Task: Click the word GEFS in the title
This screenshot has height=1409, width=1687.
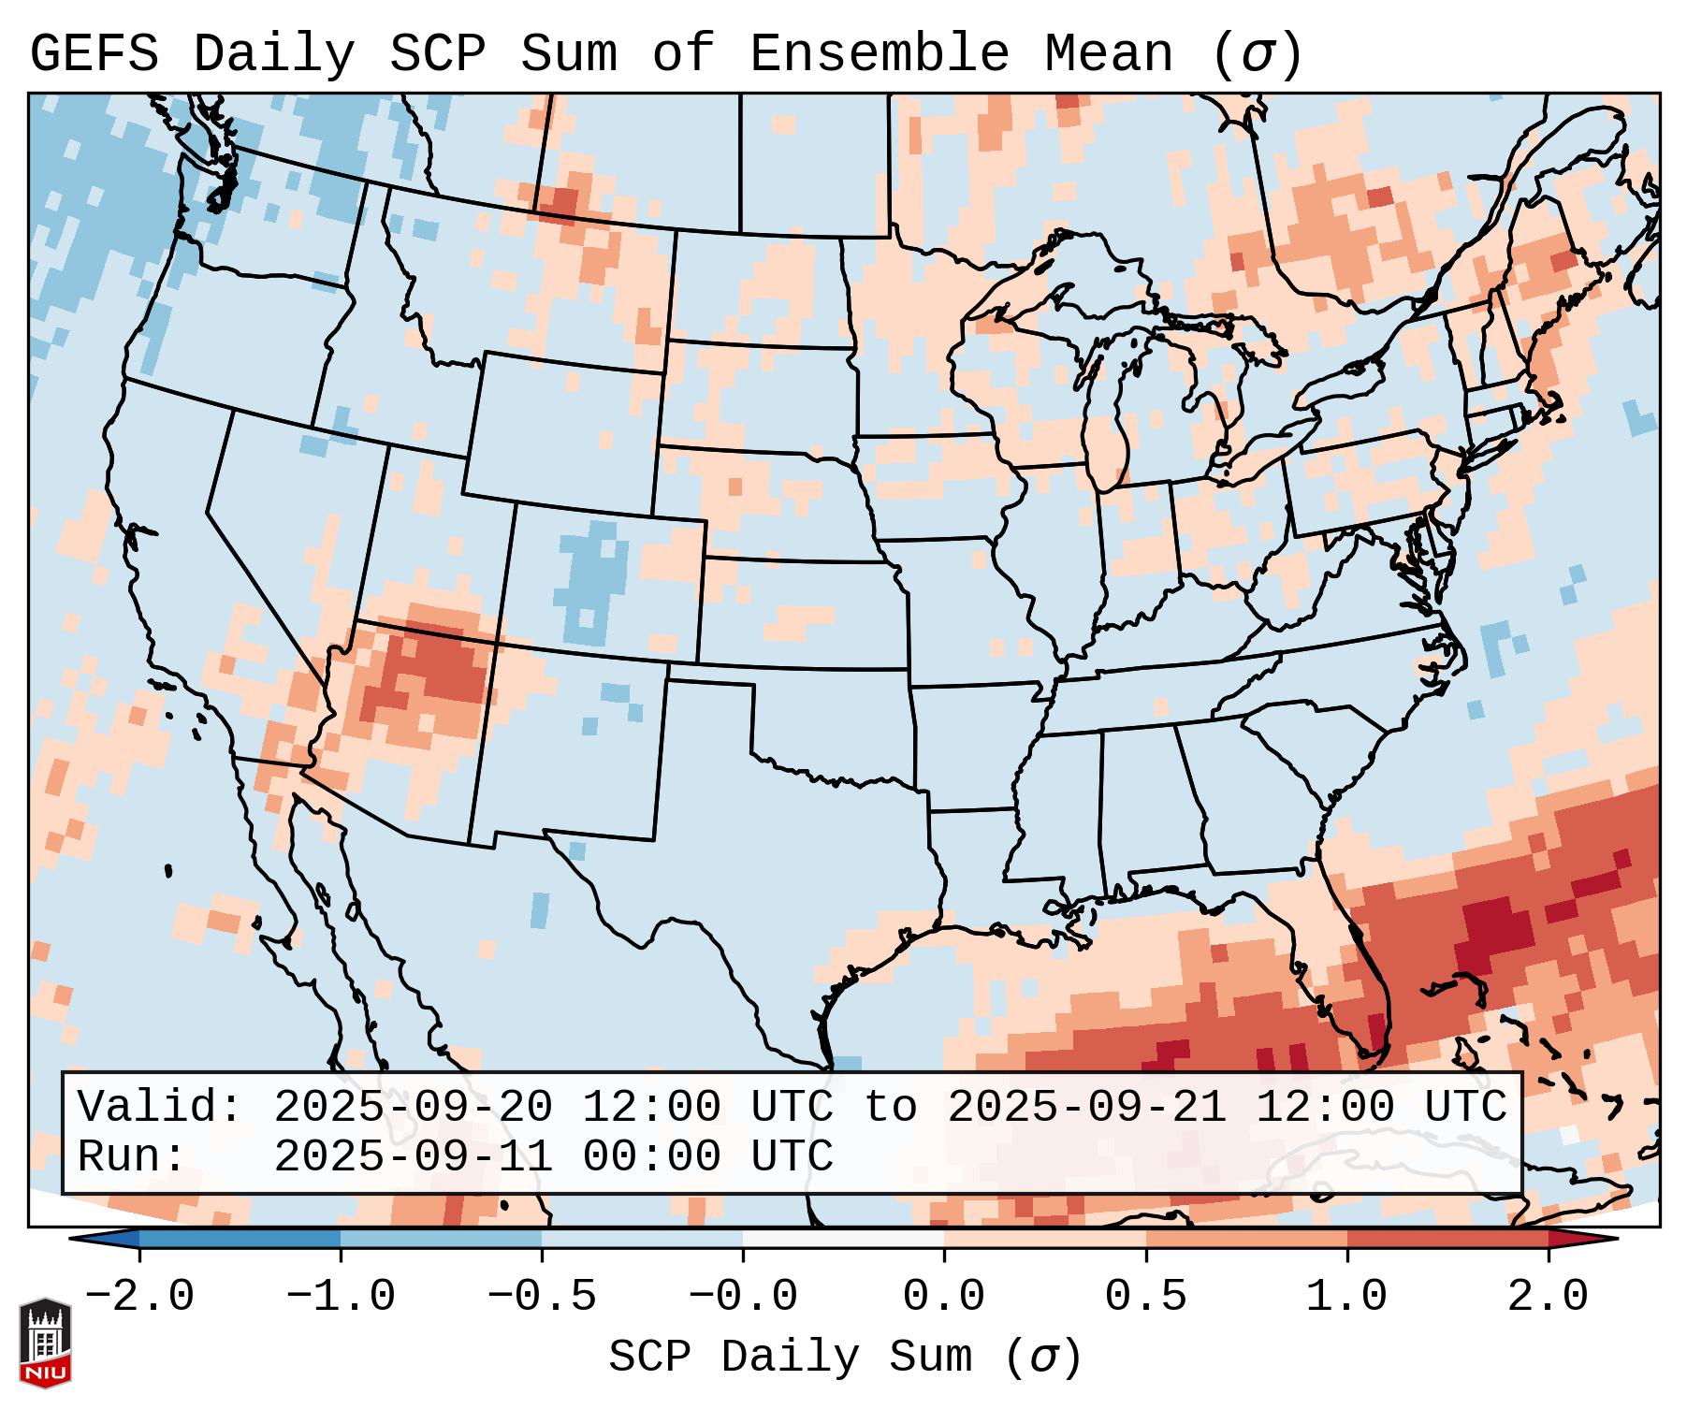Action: pyautogui.click(x=94, y=54)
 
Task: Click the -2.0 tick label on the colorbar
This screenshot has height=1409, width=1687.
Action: pyautogui.click(x=139, y=1297)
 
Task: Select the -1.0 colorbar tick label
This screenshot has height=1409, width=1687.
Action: pyautogui.click(x=341, y=1297)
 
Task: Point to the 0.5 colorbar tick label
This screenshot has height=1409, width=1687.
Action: pyautogui.click(x=1146, y=1297)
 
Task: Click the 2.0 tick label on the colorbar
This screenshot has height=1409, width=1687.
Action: pyautogui.click(x=1549, y=1297)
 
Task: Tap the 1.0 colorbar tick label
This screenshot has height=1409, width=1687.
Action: pyautogui.click(x=1347, y=1297)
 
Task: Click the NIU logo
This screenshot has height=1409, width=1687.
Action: pyautogui.click(x=45, y=1343)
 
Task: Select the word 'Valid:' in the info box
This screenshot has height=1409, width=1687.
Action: pyautogui.click(x=160, y=1107)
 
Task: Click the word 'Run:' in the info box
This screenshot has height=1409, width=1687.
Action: pyautogui.click(x=132, y=1156)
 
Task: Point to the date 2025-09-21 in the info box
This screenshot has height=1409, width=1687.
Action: pyautogui.click(x=1086, y=1107)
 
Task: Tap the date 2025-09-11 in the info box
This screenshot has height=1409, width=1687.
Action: pyautogui.click(x=413, y=1156)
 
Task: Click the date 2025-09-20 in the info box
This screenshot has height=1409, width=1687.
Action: pyautogui.click(x=413, y=1107)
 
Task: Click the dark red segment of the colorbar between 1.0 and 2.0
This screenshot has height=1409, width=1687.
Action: pyautogui.click(x=1447, y=1239)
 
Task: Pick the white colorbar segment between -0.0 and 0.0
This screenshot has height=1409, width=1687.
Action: pyautogui.click(x=844, y=1239)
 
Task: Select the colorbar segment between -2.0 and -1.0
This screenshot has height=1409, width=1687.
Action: pyautogui.click(x=240, y=1239)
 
